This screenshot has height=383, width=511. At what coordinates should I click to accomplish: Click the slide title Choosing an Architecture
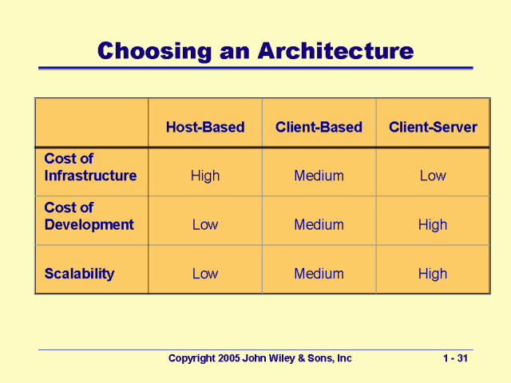[255, 51]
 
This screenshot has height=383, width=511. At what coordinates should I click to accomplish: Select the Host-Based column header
[205, 127]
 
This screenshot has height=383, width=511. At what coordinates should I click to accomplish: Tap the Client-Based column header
[319, 127]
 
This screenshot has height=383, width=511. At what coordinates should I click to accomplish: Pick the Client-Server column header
[433, 127]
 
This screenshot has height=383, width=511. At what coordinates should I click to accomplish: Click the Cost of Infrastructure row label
[90, 168]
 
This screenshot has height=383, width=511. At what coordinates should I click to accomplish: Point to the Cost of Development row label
[89, 216]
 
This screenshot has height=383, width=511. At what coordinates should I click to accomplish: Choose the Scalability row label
[79, 274]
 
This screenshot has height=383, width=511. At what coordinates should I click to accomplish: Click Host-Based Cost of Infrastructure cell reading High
[205, 176]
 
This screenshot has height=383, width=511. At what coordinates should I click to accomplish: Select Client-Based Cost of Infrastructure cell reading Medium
[319, 176]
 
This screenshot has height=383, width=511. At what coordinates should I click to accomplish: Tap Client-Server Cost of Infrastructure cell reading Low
[433, 176]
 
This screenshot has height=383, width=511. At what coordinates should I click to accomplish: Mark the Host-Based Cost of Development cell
[205, 225]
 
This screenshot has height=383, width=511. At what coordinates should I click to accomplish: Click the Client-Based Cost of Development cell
[319, 225]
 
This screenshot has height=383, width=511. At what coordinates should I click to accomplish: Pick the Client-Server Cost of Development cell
[433, 225]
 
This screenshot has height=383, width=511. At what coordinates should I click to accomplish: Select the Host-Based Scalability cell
[205, 274]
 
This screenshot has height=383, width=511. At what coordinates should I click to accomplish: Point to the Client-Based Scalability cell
[319, 274]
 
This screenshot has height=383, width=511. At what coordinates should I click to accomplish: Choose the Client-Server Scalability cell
[433, 274]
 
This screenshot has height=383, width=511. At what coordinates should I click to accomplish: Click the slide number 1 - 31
[454, 359]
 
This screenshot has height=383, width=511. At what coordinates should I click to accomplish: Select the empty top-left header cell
[91, 123]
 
